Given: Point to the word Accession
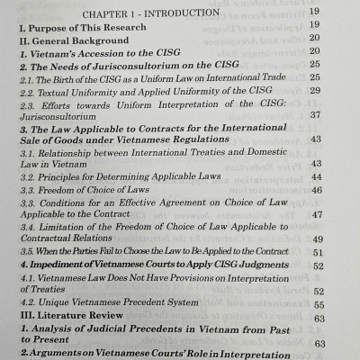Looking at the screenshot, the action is [x=98, y=57].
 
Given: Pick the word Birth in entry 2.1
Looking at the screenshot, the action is [x=69, y=86].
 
